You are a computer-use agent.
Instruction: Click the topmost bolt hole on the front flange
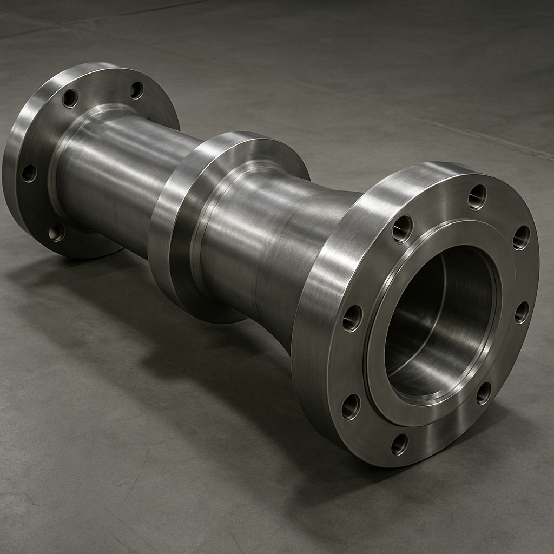477,197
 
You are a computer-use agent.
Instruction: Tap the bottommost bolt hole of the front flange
399,444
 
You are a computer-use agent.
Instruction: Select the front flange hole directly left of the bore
352,318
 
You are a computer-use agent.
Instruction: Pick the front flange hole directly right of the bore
521,312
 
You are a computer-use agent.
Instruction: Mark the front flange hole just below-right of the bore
483,393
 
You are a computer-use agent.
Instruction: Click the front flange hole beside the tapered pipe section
402,229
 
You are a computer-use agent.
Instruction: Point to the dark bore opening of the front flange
438,319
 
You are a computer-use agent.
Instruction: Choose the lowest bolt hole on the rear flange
56,233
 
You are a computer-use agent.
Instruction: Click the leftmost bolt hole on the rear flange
29,173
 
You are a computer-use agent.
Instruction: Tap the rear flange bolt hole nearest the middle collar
136,90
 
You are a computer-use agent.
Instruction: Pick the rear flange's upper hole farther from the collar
70,98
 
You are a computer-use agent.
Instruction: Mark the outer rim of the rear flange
11,162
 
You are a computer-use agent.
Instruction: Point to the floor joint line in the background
460,130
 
